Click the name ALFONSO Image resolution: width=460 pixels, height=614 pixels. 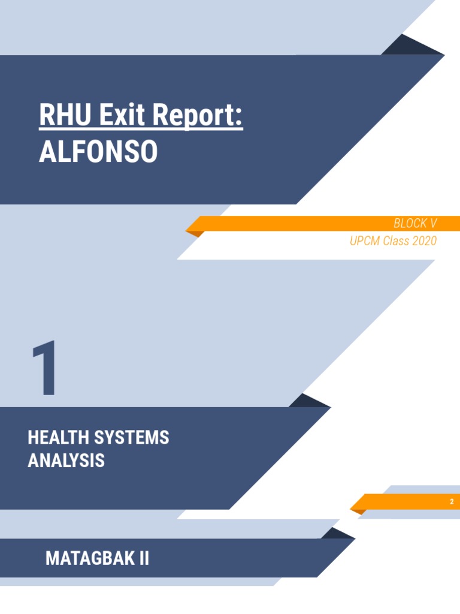click(x=98, y=152)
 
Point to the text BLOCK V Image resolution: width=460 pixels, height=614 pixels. click(x=415, y=224)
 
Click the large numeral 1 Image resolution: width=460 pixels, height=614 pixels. click(x=46, y=368)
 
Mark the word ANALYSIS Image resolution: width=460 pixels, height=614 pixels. click(x=66, y=460)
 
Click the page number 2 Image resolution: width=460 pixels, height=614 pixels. click(x=452, y=502)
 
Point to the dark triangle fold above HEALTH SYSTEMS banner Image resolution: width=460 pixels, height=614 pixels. click(x=308, y=402)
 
